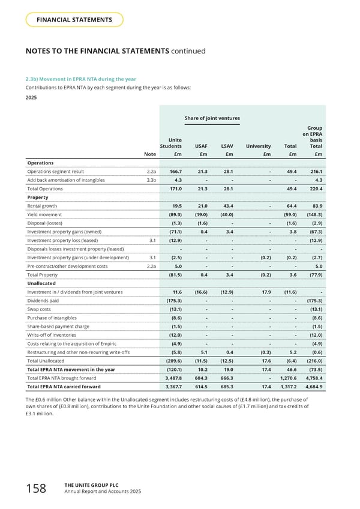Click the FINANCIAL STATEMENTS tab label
pyautogui.click(x=74, y=20)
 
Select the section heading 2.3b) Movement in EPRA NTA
pyautogui.click(x=80, y=79)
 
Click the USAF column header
pyautogui.click(x=202, y=145)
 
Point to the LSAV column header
pyautogui.click(x=227, y=145)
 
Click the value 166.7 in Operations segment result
pyautogui.click(x=175, y=171)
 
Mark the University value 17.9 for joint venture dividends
pyautogui.click(x=268, y=292)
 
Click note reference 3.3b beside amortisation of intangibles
pyautogui.click(x=152, y=180)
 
